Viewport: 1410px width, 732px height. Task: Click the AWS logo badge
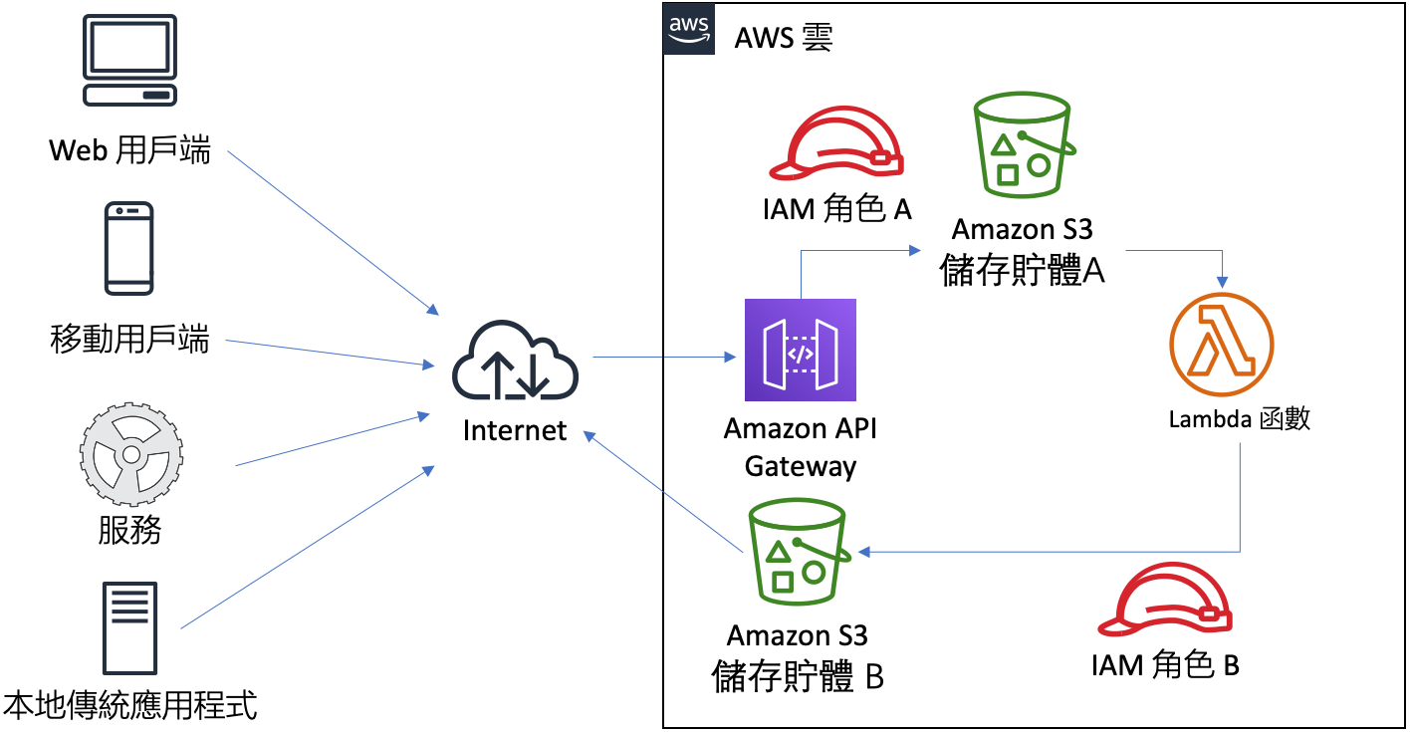point(689,29)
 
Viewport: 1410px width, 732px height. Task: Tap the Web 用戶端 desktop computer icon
point(129,61)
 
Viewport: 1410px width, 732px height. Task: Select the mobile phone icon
point(129,249)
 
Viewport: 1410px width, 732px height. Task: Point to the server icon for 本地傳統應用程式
point(130,628)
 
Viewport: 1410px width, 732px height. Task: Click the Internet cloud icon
point(515,361)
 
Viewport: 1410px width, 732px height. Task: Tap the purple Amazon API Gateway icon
point(801,350)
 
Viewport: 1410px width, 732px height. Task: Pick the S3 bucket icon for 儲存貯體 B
point(797,553)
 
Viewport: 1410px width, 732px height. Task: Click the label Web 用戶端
point(129,151)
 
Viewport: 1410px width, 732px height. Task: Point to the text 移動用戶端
point(129,341)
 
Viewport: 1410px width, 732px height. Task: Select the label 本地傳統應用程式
point(130,705)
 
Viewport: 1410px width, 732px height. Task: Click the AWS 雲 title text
point(783,38)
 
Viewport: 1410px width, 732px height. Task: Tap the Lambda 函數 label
point(1239,419)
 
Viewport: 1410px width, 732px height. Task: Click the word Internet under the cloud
point(515,430)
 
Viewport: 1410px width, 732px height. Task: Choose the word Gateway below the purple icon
point(801,466)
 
